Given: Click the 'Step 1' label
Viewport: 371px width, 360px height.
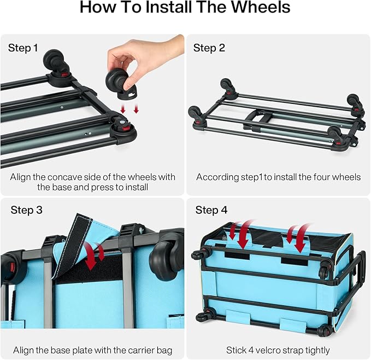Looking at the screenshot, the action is point(23,48).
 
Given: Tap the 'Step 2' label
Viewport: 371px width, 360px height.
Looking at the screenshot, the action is point(209,48).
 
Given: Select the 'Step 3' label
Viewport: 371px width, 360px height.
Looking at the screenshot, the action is point(26,210).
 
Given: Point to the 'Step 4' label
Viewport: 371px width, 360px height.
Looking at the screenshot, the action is point(211,210).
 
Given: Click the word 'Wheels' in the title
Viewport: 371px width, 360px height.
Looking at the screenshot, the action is point(261,7).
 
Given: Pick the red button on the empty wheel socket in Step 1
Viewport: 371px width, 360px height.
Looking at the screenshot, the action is point(126,129).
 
